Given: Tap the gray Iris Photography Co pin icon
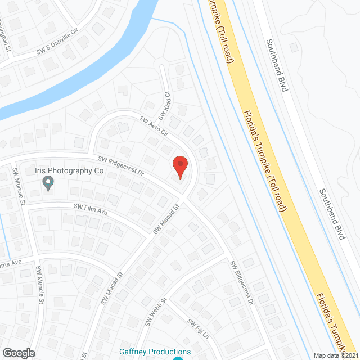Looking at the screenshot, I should point(48,182).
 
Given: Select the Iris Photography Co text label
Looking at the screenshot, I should point(76,170).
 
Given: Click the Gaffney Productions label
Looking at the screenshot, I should point(155,352).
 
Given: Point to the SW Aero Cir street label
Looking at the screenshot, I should point(154,126).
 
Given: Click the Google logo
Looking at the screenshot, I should point(18,353).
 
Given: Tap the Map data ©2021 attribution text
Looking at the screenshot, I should point(335,355).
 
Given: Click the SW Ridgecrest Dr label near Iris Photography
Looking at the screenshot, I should point(120,166).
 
